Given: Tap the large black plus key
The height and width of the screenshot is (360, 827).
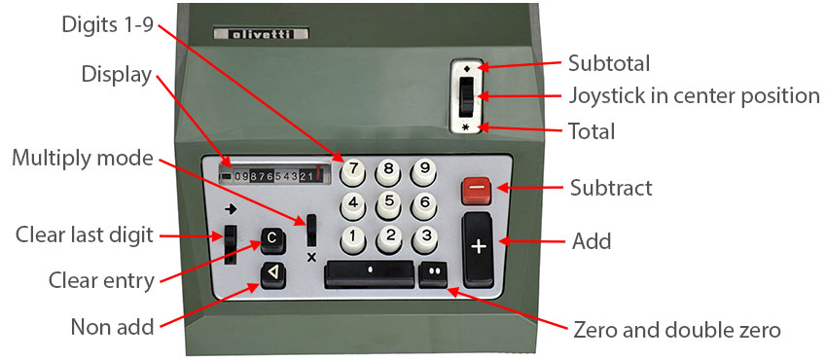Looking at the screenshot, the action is (x=478, y=249).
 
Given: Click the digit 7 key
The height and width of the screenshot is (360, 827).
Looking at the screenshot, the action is (x=353, y=171).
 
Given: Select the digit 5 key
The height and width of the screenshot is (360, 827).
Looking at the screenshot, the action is (x=389, y=204).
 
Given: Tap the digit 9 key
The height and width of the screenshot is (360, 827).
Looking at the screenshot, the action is (x=423, y=171).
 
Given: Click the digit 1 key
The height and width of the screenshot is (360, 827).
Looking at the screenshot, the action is (x=353, y=238).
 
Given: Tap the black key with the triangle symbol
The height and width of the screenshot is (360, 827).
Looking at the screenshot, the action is (x=273, y=274).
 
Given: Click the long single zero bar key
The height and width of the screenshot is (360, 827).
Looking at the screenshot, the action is (x=370, y=273).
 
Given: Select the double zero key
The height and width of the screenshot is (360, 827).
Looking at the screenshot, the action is (x=434, y=274).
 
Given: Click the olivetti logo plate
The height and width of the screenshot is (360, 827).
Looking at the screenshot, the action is (x=261, y=35).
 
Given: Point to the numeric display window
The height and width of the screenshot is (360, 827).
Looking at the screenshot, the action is (x=274, y=174).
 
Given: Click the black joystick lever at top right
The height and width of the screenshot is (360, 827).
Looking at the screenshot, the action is (x=466, y=96).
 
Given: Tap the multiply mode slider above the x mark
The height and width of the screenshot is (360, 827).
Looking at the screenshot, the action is (x=311, y=231).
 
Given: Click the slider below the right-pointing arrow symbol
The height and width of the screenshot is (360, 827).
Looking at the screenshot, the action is (x=231, y=244).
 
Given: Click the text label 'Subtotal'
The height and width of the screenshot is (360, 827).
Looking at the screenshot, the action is (x=609, y=64).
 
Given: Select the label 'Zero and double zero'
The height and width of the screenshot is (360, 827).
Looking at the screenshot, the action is (x=677, y=331).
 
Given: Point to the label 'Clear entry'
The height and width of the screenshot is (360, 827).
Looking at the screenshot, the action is (x=101, y=280).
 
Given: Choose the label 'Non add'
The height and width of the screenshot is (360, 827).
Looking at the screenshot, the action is (x=112, y=327).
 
